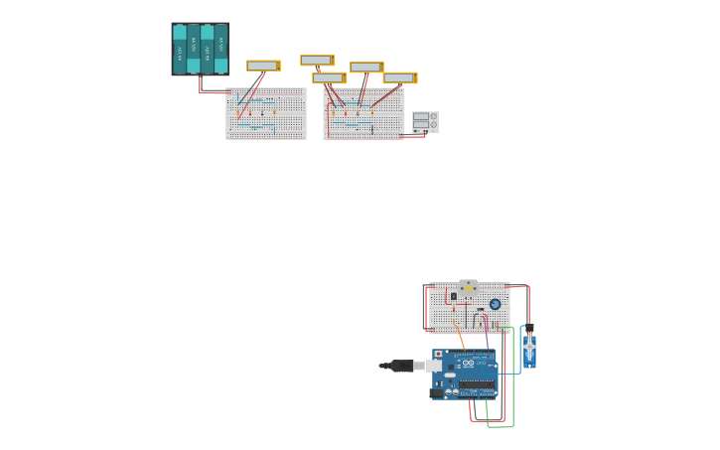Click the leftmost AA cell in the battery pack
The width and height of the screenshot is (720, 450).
(180, 49)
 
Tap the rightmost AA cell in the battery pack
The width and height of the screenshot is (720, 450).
(220, 49)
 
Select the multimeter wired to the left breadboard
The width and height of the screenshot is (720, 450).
(263, 66)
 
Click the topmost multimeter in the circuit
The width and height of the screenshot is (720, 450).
(317, 60)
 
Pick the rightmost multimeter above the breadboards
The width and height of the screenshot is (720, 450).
(399, 77)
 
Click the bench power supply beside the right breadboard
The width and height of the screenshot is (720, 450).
(425, 121)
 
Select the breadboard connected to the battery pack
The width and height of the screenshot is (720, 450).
(265, 113)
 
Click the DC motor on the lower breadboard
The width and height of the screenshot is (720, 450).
(468, 288)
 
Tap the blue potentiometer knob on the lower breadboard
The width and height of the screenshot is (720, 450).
(495, 304)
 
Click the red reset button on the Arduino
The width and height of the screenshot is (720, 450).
(438, 354)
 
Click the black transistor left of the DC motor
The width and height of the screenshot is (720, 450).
(454, 295)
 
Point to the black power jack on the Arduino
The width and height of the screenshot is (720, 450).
(436, 393)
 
